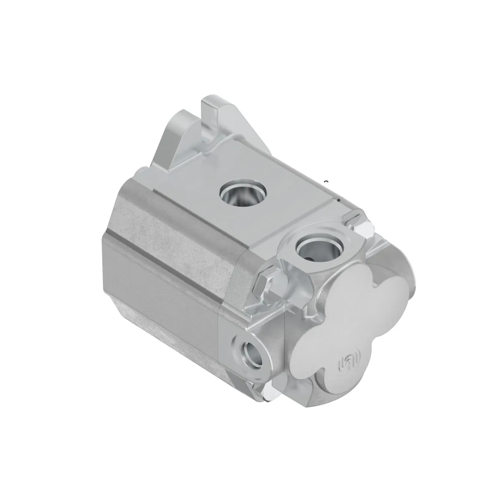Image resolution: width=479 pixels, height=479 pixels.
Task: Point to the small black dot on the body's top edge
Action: pos(339,201)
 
